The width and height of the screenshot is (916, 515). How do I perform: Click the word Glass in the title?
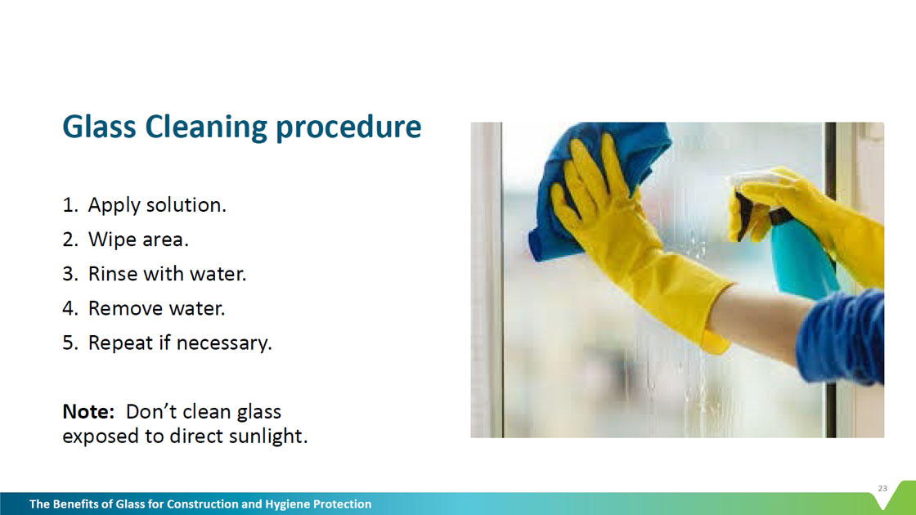99,126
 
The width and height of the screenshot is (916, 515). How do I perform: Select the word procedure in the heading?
348,128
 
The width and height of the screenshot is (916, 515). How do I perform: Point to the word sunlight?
267,437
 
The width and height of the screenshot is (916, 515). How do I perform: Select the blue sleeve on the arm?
843,336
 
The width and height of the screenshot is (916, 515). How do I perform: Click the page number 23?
882,488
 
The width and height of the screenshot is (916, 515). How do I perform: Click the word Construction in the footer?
202,504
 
